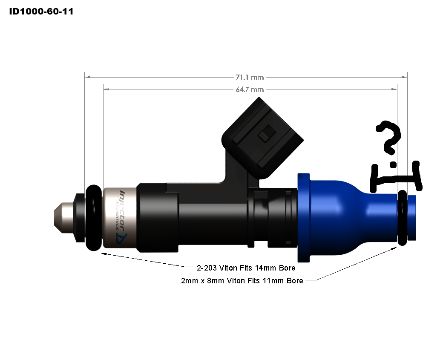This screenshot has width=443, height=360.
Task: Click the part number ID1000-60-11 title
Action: [x=41, y=12]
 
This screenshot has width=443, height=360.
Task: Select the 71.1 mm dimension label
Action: [x=250, y=77]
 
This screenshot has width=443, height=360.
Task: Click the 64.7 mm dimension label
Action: [x=250, y=89]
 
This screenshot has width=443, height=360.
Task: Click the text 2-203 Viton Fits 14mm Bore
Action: [x=246, y=268]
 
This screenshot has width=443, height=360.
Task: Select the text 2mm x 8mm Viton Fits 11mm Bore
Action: [x=242, y=281]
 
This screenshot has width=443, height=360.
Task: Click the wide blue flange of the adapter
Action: [x=303, y=217]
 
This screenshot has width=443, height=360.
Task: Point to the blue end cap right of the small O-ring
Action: [x=412, y=218]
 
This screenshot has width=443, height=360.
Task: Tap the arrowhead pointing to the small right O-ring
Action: [x=394, y=248]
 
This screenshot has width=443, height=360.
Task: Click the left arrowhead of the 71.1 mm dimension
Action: [x=87, y=78]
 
